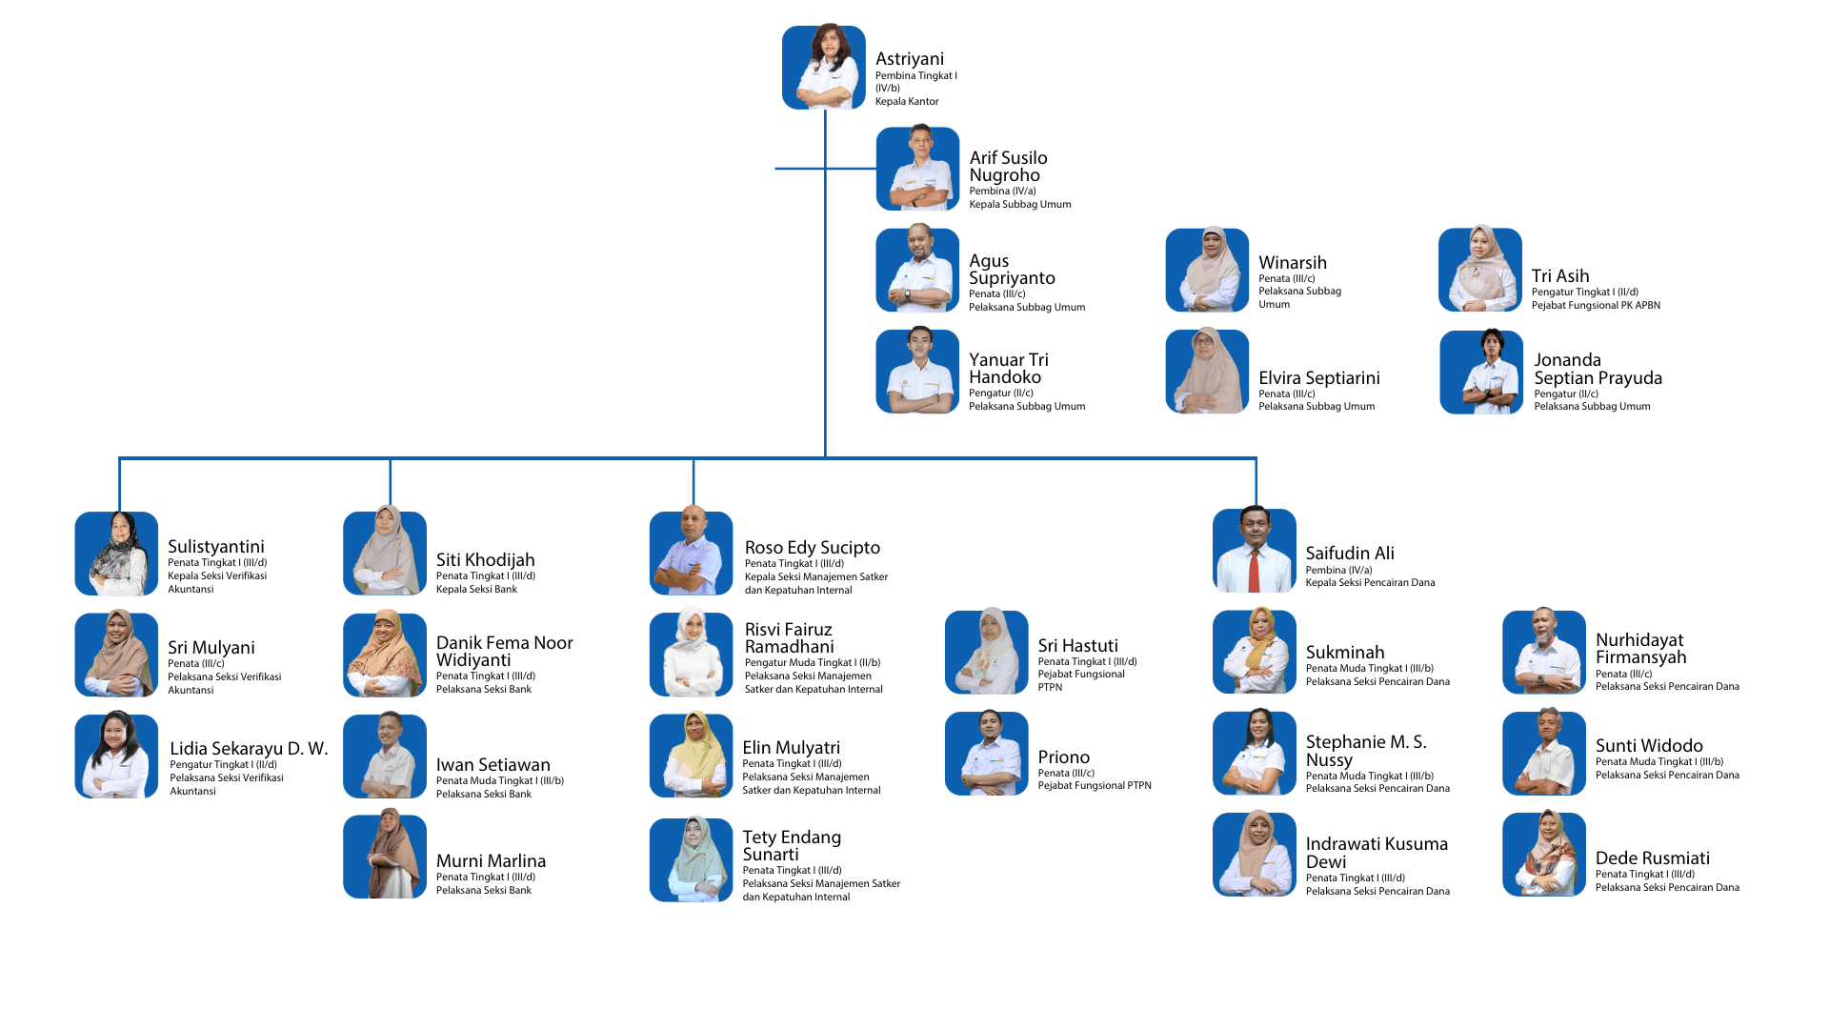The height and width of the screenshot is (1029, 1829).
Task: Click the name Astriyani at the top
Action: (x=909, y=59)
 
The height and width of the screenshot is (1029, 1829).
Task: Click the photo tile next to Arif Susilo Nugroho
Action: (x=917, y=169)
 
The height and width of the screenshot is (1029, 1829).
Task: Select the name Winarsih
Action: (x=1292, y=263)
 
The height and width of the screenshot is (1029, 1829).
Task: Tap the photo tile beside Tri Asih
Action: (x=1479, y=270)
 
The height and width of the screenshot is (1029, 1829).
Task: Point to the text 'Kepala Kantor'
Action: (x=907, y=102)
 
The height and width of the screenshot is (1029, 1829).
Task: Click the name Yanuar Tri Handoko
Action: (x=1008, y=369)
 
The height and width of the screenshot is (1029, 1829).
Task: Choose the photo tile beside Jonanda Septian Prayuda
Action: (x=1480, y=372)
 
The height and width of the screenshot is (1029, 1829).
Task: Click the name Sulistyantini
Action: (x=215, y=547)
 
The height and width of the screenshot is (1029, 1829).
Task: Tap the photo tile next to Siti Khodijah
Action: (x=384, y=554)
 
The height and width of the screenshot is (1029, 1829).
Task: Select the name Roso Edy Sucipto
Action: (x=812, y=548)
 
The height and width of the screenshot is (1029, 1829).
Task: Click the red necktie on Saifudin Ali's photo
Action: (x=1254, y=570)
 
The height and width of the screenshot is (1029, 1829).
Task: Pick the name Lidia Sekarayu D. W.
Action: (x=248, y=749)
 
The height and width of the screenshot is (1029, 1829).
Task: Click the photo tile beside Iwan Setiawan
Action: (x=384, y=756)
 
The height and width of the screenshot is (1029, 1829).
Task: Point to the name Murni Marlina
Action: (x=491, y=861)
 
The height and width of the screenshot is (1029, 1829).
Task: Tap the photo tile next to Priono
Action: (x=986, y=754)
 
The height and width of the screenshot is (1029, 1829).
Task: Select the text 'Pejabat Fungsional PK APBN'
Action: (x=1596, y=306)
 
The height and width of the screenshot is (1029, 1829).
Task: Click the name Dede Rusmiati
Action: (x=1652, y=858)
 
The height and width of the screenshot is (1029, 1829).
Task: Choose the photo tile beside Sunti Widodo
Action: (x=1543, y=753)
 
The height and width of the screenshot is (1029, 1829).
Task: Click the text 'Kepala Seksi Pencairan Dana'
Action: (x=1369, y=583)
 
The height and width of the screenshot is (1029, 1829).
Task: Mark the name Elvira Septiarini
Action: (x=1318, y=378)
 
